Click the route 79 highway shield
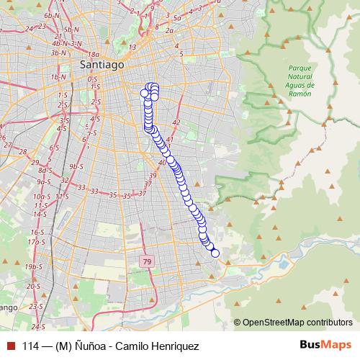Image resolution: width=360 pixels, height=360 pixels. tap(147, 261)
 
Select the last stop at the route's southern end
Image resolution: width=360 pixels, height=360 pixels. tap(215, 253)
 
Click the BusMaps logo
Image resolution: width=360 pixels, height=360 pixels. tap(326, 345)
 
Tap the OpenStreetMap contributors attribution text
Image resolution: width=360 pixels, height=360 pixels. tap(297, 322)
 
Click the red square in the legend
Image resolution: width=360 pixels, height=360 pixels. tap(10, 346)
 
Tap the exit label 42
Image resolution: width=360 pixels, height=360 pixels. tap(176, 122)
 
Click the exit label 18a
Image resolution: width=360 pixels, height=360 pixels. tap(93, 55)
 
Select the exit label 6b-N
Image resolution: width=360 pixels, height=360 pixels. tap(51, 15)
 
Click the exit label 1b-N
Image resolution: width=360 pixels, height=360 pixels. tap(58, 77)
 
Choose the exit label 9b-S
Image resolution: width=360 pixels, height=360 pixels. tap(76, 166)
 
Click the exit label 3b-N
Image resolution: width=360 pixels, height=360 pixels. tap(59, 53)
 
